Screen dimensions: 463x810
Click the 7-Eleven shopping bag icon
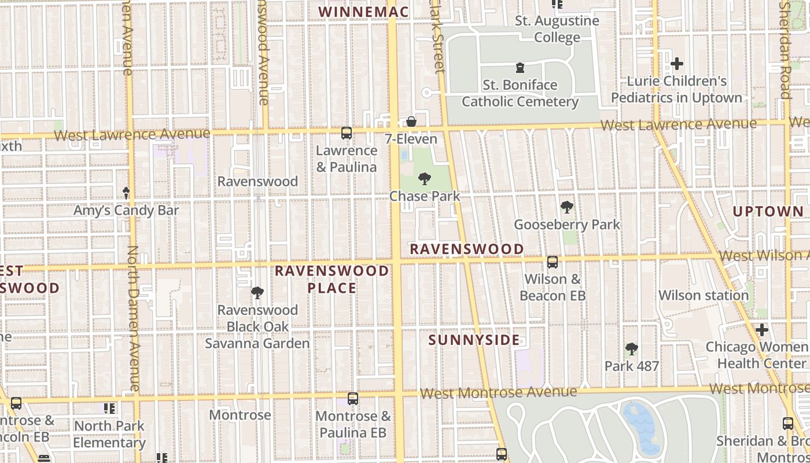point(411,122)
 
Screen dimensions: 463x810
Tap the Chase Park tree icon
point(425,178)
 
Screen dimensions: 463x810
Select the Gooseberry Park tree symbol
point(567,207)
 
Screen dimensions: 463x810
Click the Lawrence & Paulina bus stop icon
point(346,133)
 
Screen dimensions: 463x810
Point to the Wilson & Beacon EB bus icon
point(553,262)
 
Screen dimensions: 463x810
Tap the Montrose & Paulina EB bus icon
point(352,399)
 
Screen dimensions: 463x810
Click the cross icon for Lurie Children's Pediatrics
point(676,64)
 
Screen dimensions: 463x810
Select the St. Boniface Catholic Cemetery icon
point(520,68)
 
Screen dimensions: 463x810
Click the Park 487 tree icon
point(632,349)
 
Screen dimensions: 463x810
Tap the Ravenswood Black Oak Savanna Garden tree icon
point(257,293)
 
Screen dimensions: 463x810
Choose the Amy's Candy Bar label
point(126,210)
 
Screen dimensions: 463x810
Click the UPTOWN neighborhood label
point(768,212)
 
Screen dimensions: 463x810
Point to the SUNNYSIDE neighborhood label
point(474,340)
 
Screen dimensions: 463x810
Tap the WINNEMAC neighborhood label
point(363,12)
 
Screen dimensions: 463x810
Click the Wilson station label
point(704,295)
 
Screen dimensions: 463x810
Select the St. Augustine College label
point(557,29)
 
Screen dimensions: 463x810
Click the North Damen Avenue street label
point(134,318)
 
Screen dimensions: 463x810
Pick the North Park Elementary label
point(109,434)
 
